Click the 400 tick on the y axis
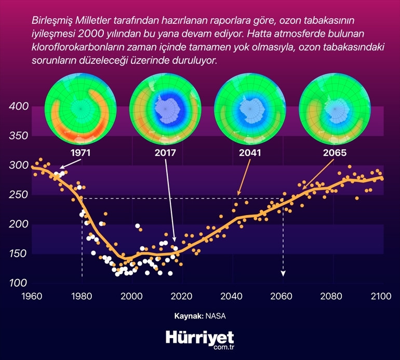pos(18,106)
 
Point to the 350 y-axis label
pos(18,136)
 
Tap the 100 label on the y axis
pos(18,283)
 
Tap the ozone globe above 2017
pos(165,109)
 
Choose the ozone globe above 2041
pos(250,109)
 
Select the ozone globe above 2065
pos(335,109)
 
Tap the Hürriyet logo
pos(200,337)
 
